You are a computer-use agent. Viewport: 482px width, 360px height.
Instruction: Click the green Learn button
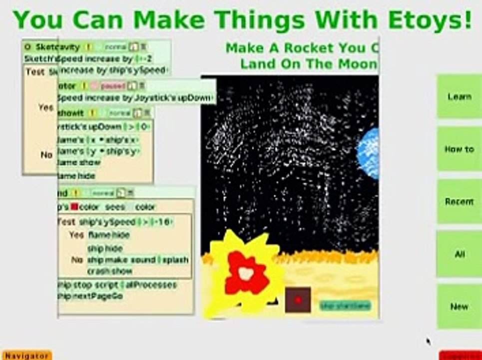[x=459, y=96]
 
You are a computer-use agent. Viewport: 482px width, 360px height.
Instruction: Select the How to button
[x=459, y=149]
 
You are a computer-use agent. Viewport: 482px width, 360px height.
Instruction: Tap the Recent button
[x=459, y=201]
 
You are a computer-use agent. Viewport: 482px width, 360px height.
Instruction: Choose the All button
[x=459, y=254]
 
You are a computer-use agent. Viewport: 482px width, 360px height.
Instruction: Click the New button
[x=459, y=306]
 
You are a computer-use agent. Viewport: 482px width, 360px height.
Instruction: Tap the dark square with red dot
[x=298, y=300]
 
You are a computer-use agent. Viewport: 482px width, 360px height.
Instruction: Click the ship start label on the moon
[x=345, y=305]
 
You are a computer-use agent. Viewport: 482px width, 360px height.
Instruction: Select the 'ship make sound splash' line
[x=137, y=260]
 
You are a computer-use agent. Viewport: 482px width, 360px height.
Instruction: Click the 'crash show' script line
[x=109, y=271]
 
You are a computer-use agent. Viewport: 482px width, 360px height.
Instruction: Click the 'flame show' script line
[x=80, y=162]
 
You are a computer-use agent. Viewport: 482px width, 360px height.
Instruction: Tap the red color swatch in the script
[x=74, y=206]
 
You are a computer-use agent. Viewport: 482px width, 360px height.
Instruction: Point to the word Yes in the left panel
[x=45, y=107]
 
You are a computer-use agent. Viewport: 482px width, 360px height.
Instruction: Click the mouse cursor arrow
[x=429, y=341]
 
